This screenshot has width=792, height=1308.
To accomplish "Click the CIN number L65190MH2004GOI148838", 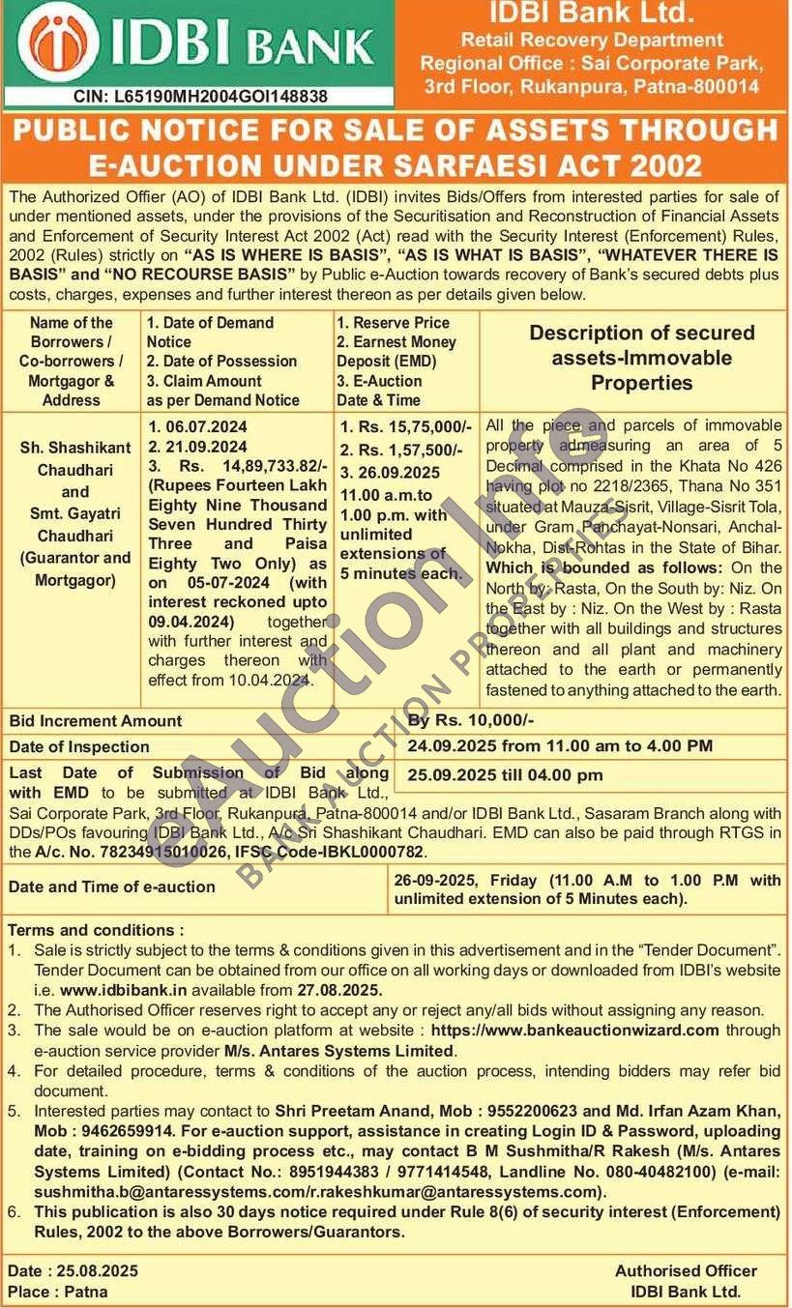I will click(x=200, y=96).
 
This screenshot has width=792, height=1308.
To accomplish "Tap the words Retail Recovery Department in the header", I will click(x=592, y=40).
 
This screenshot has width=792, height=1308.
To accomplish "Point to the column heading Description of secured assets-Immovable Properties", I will click(x=641, y=358).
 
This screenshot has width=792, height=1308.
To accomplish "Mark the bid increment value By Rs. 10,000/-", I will click(x=471, y=720).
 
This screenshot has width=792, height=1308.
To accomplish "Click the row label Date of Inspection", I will click(x=79, y=746).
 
